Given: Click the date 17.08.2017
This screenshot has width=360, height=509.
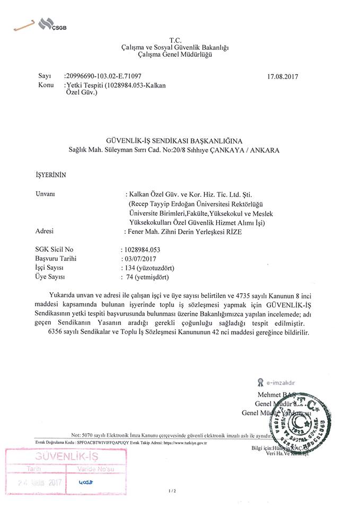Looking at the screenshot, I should [284, 76].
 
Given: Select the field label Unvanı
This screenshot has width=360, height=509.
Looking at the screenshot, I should [45, 195].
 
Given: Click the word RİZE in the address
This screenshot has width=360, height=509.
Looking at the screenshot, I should [224, 231].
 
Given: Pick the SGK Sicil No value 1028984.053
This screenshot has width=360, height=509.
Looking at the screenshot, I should [141, 249].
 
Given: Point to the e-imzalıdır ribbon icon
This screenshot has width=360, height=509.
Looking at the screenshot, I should [260, 381].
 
